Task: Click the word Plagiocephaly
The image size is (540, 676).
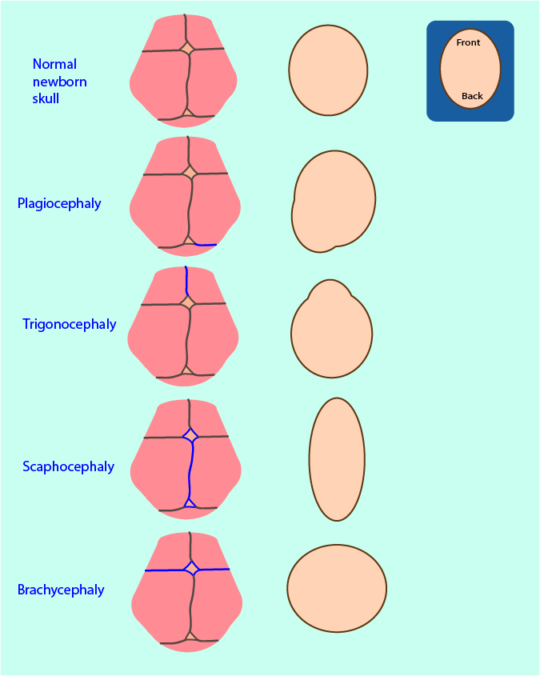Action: [59, 203]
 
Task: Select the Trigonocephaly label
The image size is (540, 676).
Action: [70, 324]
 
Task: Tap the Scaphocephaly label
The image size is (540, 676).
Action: [68, 466]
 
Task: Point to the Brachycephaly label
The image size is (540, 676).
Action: [61, 590]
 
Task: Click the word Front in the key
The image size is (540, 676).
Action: [469, 42]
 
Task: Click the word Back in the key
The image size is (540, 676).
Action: [472, 96]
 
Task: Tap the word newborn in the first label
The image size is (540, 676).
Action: [60, 82]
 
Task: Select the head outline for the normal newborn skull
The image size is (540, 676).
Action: [328, 70]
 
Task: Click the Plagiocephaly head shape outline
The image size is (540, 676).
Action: [334, 200]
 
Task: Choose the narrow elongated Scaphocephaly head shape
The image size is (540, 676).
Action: [337, 459]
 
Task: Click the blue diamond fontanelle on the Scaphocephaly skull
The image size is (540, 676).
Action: [190, 436]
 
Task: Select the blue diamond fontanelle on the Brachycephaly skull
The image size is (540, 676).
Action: [190, 569]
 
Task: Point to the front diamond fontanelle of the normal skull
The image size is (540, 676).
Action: [186, 49]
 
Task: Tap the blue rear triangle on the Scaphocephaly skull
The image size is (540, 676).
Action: [189, 502]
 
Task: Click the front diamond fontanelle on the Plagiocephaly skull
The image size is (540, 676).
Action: [190, 172]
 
